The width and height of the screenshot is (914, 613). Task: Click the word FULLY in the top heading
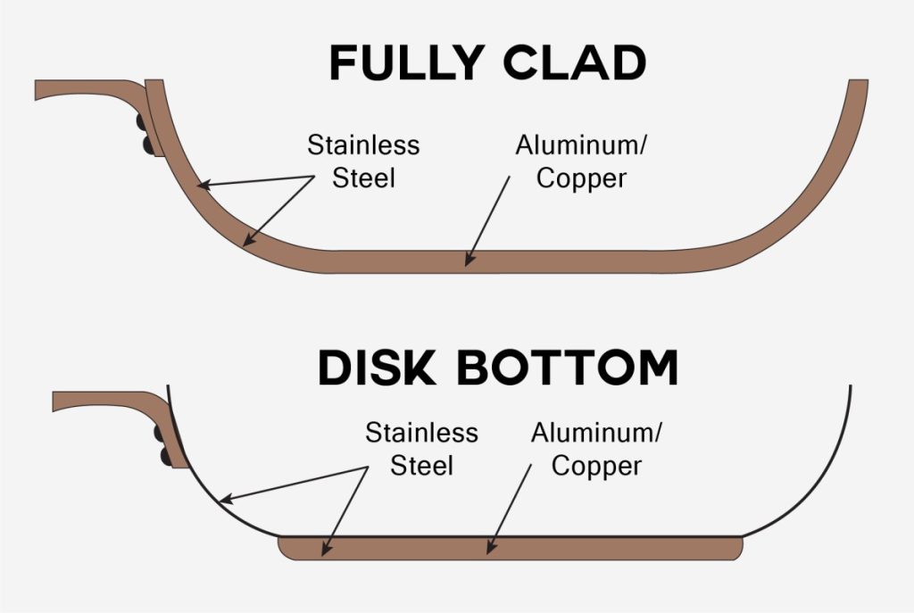406,63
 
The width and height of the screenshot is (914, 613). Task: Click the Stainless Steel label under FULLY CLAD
363,161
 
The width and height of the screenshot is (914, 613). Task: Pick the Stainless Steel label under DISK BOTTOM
421,449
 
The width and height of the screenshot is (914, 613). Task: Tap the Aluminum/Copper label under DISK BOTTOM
596,449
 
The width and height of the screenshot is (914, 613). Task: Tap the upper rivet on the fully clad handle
141,121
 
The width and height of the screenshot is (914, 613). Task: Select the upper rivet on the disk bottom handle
160,434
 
